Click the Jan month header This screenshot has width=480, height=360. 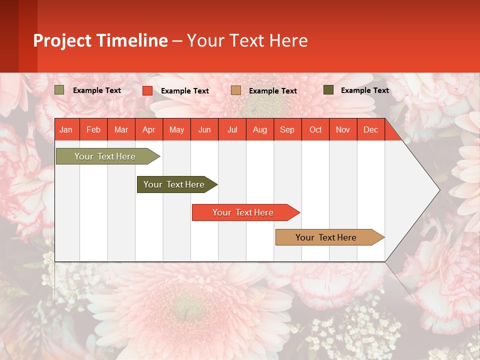[66, 130]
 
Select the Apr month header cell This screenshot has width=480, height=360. [149, 130]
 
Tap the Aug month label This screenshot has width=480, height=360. [259, 130]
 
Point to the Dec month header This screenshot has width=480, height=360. [370, 130]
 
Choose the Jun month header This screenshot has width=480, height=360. [204, 130]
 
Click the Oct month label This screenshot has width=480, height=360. [315, 130]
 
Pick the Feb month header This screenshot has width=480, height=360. [93, 130]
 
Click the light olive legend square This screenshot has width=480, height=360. [59, 90]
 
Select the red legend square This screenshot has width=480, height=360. [147, 90]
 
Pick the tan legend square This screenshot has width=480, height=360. [236, 90]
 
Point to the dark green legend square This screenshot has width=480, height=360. [328, 90]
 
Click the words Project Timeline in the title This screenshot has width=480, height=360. [100, 40]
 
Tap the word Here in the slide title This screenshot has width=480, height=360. [288, 40]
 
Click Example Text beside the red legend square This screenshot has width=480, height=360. [185, 91]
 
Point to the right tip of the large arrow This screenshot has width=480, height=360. [438, 189]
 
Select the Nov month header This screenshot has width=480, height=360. [343, 130]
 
